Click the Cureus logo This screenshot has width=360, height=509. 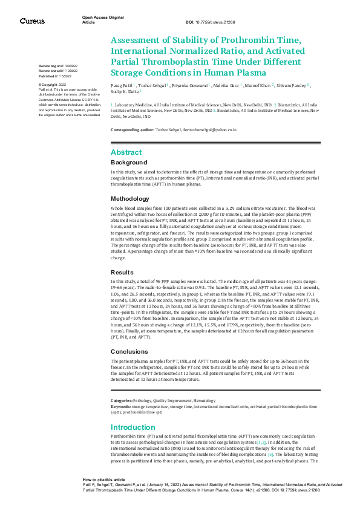pyautogui.click(x=32, y=21)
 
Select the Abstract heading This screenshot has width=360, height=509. pyautogui.click(x=126, y=152)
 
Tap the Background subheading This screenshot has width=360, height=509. pyautogui.click(x=129, y=163)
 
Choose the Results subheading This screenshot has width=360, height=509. pyautogui.click(x=123, y=272)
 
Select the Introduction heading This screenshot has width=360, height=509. pyautogui.click(x=133, y=427)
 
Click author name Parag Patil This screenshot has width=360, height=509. pyautogui.click(x=122, y=86)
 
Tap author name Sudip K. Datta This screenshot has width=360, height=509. pyautogui.click(x=124, y=92)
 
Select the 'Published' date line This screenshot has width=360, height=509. pyautogui.click(x=54, y=77)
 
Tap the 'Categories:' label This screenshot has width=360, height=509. pyautogui.click(x=122, y=401)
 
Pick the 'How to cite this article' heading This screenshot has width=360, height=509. pyautogui.click(x=104, y=478)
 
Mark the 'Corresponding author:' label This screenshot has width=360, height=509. pyautogui.click(x=132, y=130)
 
